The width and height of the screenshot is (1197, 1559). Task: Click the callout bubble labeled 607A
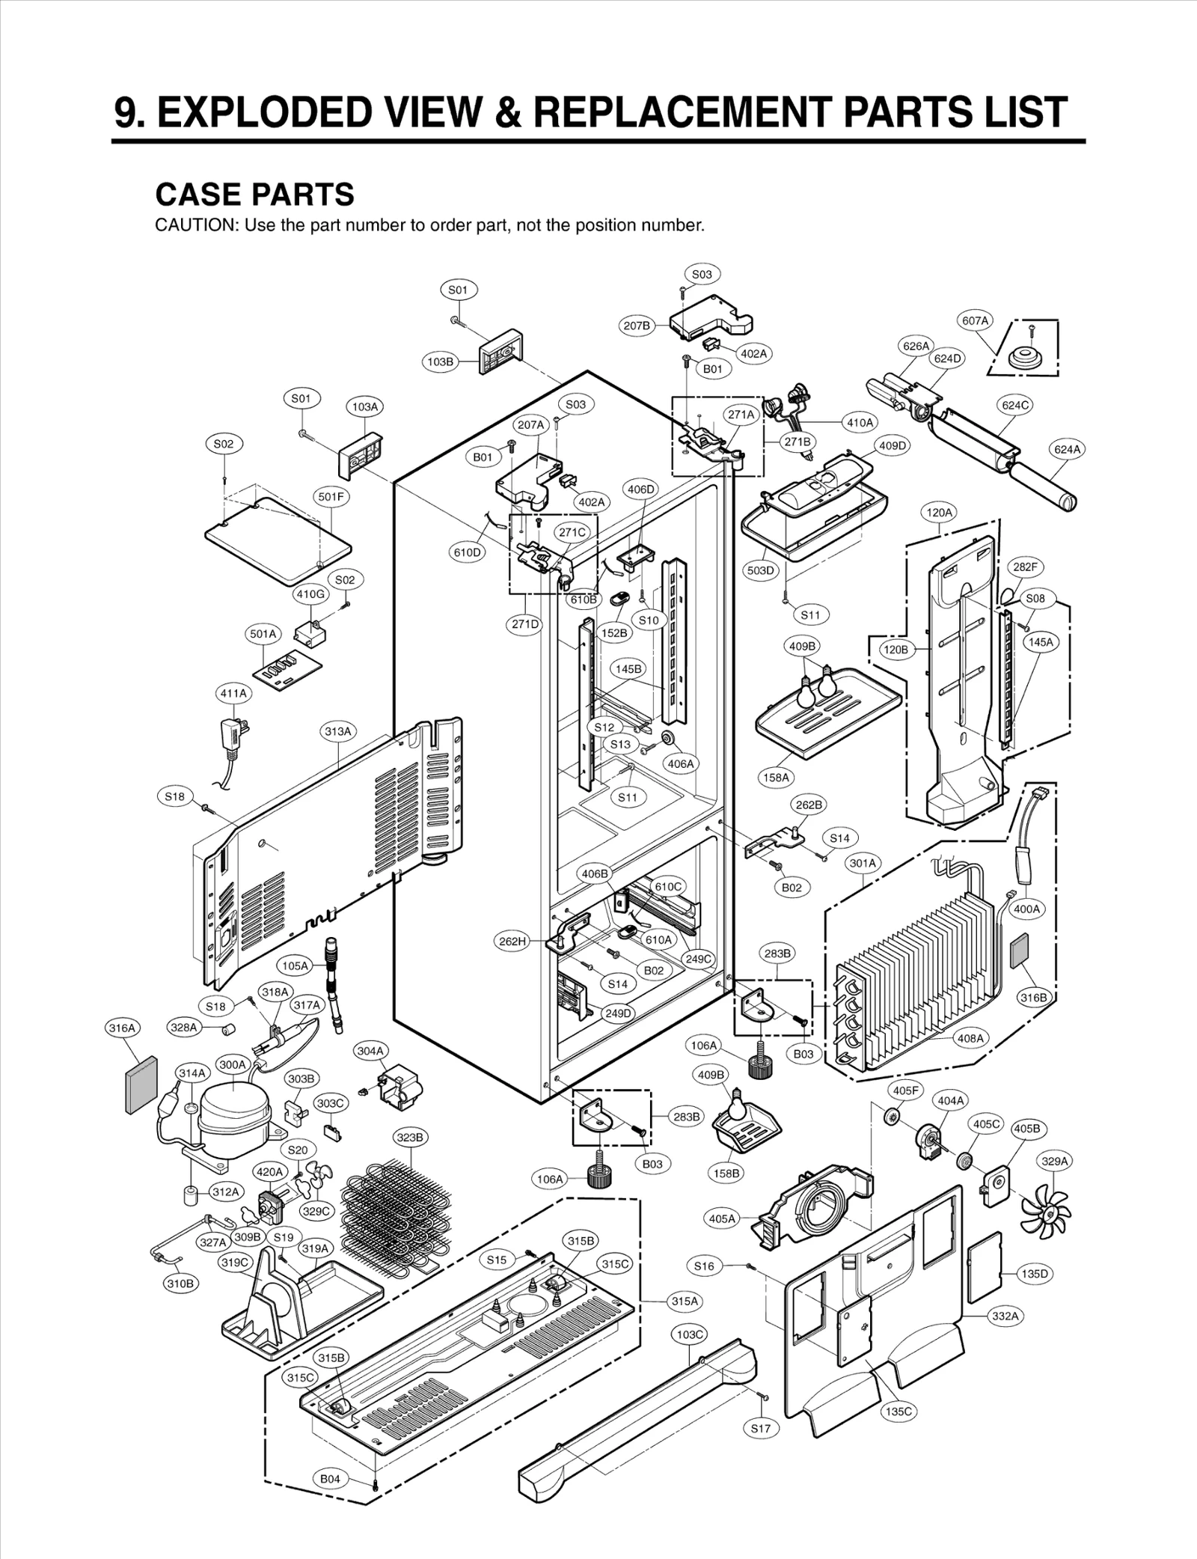click(975, 320)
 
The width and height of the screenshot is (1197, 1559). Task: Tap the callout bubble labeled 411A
click(233, 693)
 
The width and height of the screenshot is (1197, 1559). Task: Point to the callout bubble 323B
click(411, 1138)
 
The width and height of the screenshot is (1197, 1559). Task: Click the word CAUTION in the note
click(194, 225)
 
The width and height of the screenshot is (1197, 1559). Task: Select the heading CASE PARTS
click(254, 195)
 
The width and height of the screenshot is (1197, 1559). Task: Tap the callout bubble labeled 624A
click(1068, 449)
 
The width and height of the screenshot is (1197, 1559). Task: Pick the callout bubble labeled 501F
click(331, 496)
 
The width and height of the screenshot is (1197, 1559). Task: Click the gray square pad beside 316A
click(140, 1084)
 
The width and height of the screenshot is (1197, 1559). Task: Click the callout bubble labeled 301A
click(862, 863)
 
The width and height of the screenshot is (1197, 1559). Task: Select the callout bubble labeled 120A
click(940, 513)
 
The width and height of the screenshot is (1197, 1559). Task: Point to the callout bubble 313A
click(338, 731)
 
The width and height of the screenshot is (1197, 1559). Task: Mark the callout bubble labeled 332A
click(1005, 1316)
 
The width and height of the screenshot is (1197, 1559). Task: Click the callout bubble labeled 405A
click(722, 1218)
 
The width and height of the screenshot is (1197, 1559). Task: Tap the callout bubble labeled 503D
click(760, 570)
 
